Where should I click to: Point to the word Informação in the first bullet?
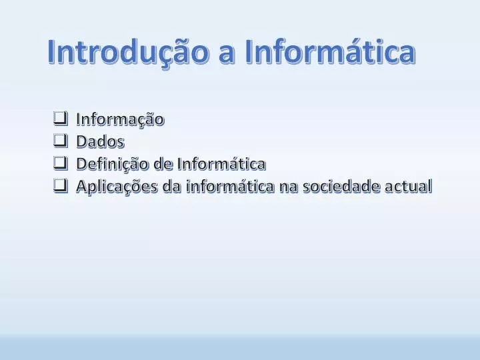pos(120,120)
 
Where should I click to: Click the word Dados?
pos(100,142)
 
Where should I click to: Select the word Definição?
pos(113,164)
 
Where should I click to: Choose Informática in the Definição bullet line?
pos(221,164)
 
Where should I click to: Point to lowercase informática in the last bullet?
pos(230,187)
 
